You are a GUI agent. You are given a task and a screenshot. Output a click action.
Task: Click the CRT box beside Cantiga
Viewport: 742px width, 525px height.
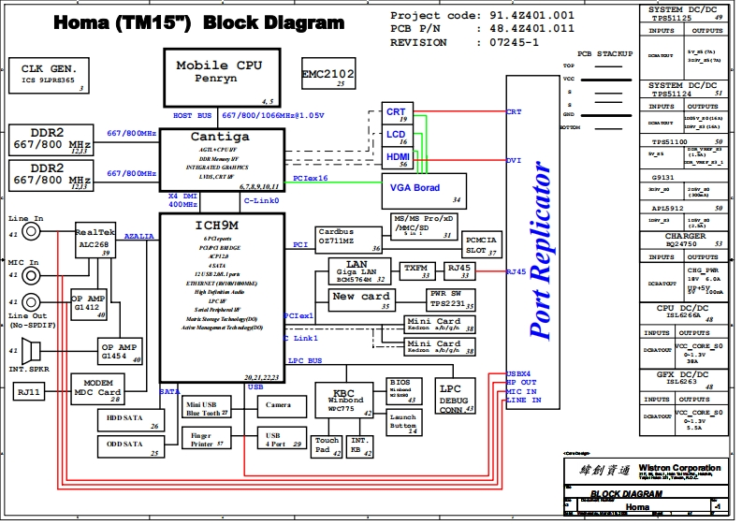click(397, 113)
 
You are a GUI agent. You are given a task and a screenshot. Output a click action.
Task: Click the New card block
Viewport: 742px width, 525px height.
click(360, 299)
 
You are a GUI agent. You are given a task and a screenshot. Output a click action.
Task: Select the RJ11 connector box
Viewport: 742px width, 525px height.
click(32, 392)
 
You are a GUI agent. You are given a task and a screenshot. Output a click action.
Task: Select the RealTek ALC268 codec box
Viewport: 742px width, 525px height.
click(93, 241)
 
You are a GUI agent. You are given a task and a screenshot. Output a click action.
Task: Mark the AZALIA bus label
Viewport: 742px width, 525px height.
click(139, 237)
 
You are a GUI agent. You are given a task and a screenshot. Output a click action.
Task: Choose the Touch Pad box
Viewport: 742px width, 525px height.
click(327, 445)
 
